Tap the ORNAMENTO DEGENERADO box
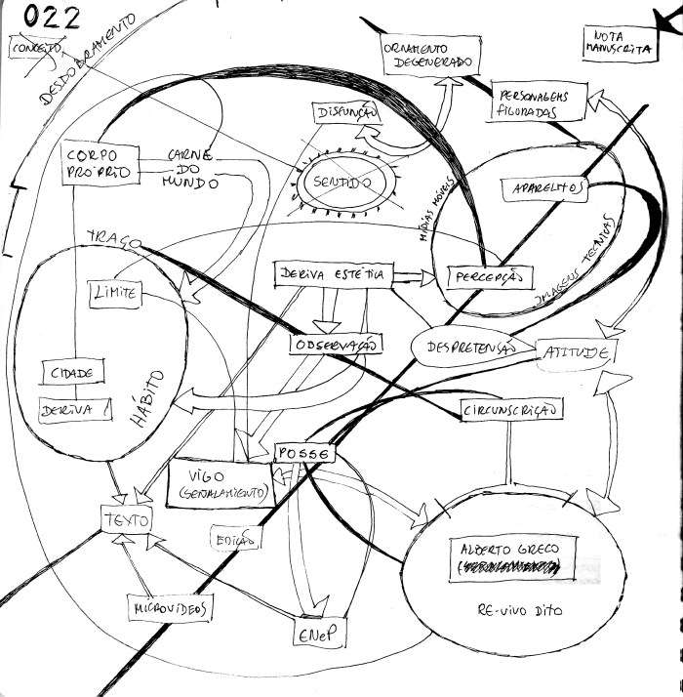click(x=429, y=55)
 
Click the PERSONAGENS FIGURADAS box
click(x=541, y=104)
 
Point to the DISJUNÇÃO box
click(x=345, y=114)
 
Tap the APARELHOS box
click(x=544, y=187)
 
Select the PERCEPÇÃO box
click(x=491, y=278)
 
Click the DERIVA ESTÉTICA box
click(x=333, y=275)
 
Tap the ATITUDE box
click(x=577, y=351)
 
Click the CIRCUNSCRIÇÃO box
click(x=511, y=412)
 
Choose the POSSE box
click(x=303, y=454)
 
